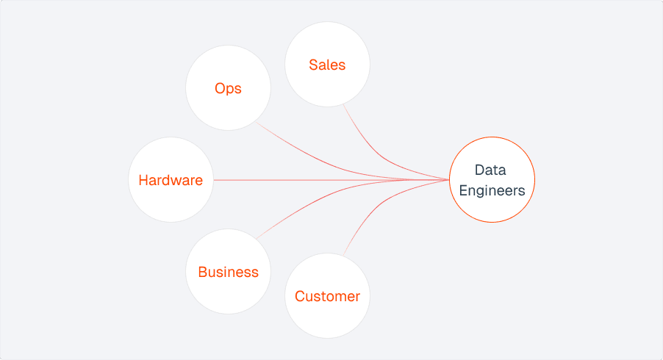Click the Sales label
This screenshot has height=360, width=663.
point(327,65)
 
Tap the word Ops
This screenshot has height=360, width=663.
point(228,89)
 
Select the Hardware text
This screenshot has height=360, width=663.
point(171,180)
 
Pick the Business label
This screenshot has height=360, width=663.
point(228,272)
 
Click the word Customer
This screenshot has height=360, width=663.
point(327,297)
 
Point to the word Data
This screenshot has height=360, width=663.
point(490,170)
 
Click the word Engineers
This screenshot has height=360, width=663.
point(492,190)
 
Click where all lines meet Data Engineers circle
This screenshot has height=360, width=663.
point(449,180)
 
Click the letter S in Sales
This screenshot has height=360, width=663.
point(313,65)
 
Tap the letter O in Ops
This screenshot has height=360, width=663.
point(220,89)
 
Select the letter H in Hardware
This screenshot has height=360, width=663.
point(143,180)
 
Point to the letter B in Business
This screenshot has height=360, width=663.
point(203,272)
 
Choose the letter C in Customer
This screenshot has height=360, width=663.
point(300,297)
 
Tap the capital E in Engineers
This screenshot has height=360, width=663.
point(463,190)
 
